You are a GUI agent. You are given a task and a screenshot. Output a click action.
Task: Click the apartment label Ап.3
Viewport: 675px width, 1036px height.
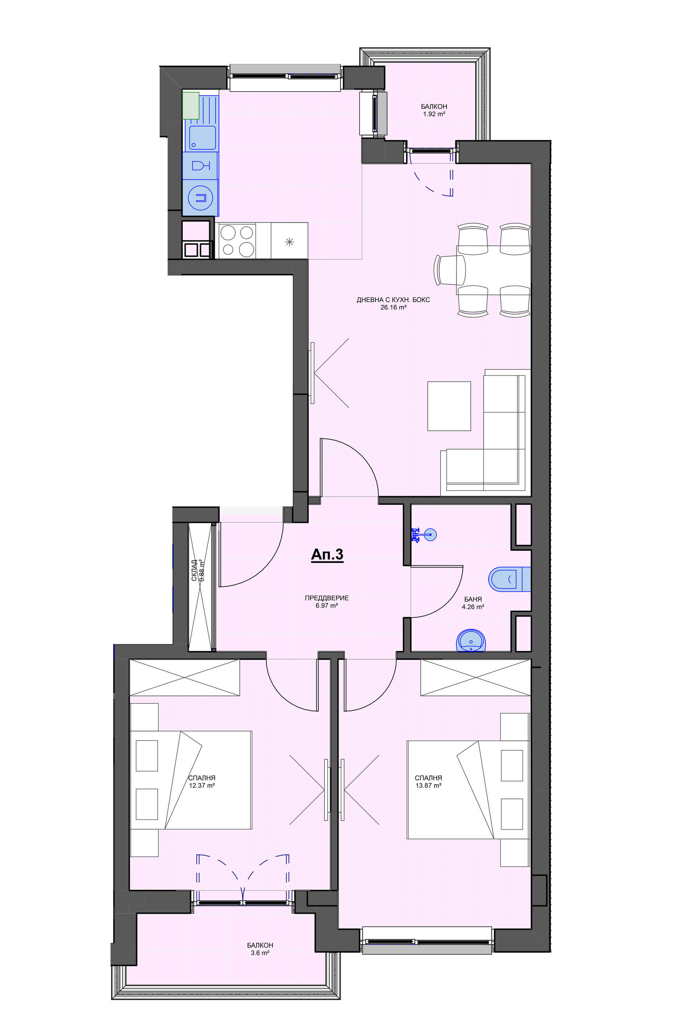(x=327, y=554)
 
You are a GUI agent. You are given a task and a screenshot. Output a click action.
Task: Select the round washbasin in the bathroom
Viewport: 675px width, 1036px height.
(x=471, y=640)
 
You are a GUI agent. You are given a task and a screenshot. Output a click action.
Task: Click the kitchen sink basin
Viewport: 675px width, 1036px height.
(x=202, y=138)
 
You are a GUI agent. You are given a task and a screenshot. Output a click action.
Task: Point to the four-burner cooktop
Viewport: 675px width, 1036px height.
(x=237, y=240)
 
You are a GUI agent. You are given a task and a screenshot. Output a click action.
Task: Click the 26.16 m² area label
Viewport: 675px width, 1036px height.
(x=393, y=307)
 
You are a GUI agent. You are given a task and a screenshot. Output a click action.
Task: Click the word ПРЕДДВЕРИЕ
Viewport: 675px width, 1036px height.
(x=326, y=598)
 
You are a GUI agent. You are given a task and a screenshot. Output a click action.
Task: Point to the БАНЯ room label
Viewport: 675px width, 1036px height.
(x=473, y=599)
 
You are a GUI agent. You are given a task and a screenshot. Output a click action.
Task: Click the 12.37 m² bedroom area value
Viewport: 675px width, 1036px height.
(x=202, y=786)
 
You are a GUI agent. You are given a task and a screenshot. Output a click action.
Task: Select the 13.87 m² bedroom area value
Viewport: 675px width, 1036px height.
(x=428, y=786)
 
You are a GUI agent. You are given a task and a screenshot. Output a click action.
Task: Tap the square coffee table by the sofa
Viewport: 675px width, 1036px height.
(x=449, y=406)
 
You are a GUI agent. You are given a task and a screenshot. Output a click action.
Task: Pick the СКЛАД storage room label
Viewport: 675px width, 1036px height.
(x=194, y=571)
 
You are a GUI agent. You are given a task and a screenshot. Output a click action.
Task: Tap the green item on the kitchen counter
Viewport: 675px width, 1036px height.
(x=191, y=105)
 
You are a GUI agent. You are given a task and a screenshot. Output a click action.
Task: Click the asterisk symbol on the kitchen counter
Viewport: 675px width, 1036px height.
(x=289, y=242)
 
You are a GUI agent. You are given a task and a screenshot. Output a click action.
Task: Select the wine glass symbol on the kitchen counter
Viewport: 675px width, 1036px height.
(x=201, y=165)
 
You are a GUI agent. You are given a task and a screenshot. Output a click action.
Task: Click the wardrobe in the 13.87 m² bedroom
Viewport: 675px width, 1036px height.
(x=475, y=677)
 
